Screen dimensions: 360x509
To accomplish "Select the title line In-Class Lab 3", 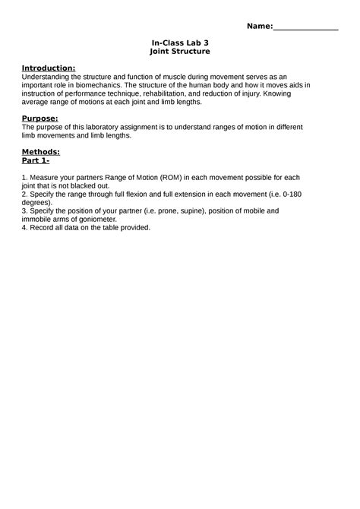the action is (179, 43).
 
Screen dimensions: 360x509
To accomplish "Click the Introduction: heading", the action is (48, 68).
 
